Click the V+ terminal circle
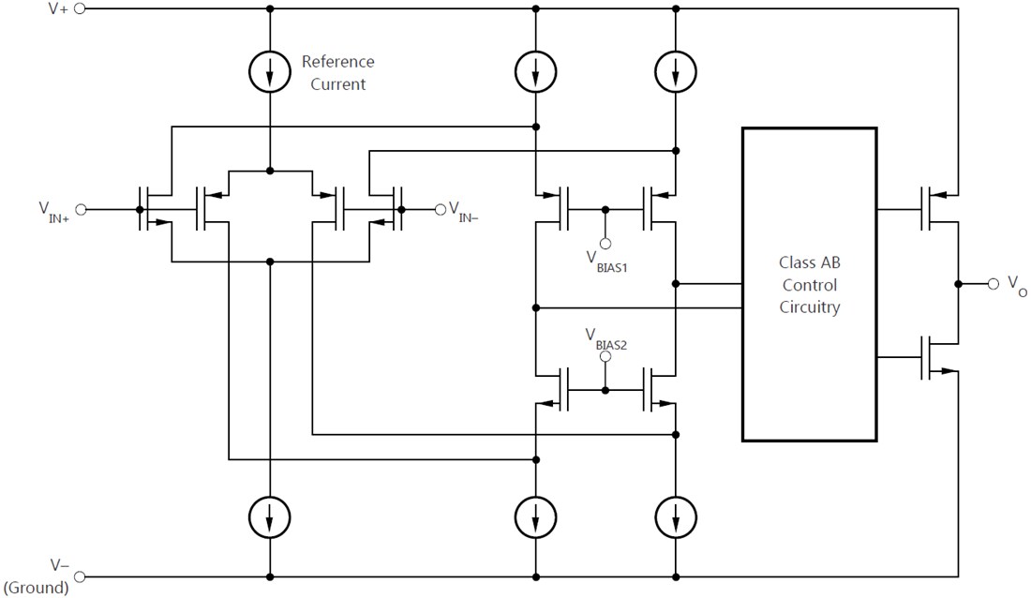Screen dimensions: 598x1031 coord(80,8)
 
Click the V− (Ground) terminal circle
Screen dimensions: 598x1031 coord(80,576)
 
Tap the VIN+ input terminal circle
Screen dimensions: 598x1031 coord(80,210)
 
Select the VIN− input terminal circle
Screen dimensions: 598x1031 coord(440,209)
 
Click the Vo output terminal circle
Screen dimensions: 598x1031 coord(993,283)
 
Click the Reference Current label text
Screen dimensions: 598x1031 coord(337,73)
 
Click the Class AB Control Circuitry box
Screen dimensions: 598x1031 coord(809,284)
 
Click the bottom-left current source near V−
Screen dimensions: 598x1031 coord(270,516)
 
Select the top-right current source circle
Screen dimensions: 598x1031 coord(676,69)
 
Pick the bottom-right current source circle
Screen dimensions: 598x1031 coord(676,516)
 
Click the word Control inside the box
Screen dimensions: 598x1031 coord(809,284)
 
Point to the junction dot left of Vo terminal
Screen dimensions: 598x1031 coord(958,283)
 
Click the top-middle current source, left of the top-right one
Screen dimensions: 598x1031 coord(535,69)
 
